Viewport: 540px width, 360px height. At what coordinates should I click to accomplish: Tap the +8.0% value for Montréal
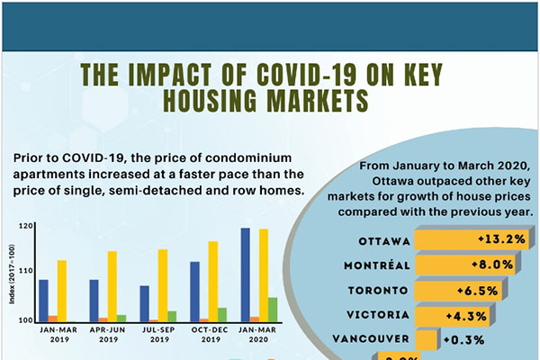(x=490, y=265)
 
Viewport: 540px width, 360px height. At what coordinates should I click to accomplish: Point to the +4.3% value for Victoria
(x=465, y=316)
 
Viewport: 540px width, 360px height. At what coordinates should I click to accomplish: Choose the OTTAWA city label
(x=384, y=241)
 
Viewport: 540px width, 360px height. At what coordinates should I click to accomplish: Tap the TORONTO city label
(x=381, y=291)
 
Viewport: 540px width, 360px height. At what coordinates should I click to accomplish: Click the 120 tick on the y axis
(x=26, y=226)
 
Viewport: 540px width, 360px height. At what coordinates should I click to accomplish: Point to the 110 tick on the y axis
(x=26, y=271)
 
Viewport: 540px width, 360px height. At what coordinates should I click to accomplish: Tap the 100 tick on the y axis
(x=26, y=319)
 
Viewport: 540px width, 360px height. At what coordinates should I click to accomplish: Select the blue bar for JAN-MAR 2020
(x=246, y=274)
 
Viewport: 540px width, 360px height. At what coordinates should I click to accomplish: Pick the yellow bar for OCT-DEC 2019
(x=213, y=281)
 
